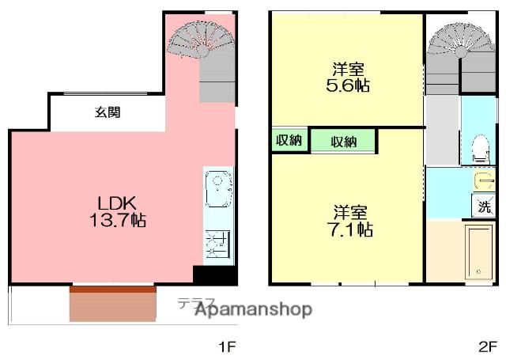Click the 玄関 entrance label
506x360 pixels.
[x=108, y=112]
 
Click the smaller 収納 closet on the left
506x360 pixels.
[x=289, y=140]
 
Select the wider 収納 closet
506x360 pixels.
[x=342, y=142]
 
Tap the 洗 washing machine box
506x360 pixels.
[x=483, y=207]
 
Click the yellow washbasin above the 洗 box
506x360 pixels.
[x=483, y=182]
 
